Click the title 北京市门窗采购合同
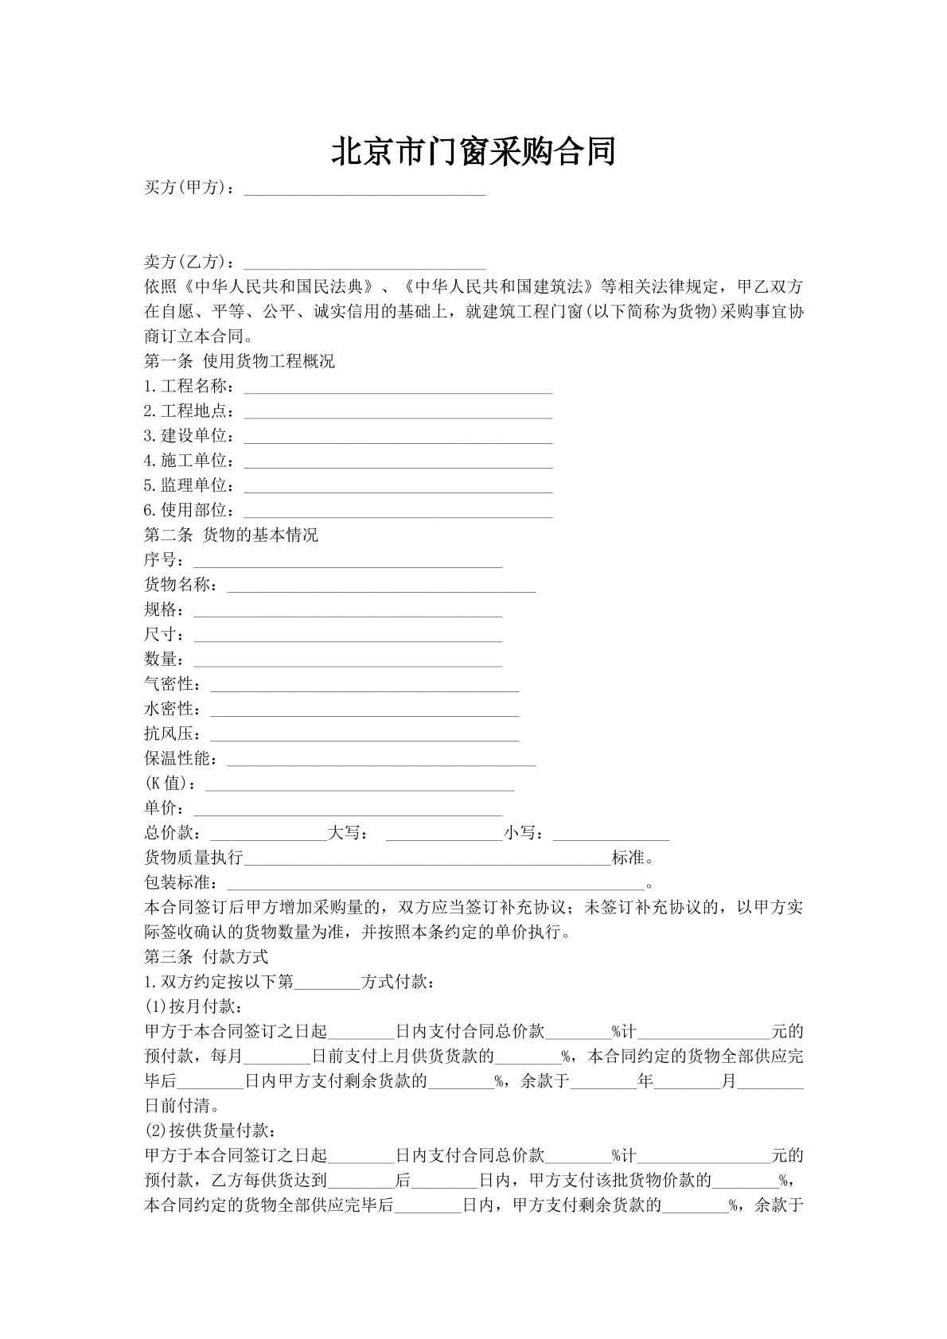(x=473, y=151)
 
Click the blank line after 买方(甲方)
(x=364, y=190)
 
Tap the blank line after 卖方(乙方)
(x=364, y=263)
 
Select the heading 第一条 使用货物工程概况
(x=239, y=361)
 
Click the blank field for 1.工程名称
(x=398, y=387)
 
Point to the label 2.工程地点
(x=189, y=411)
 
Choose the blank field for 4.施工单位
(x=398, y=461)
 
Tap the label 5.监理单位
(x=189, y=485)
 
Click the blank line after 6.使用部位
(x=398, y=511)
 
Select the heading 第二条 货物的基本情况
(x=231, y=535)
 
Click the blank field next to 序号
(x=348, y=561)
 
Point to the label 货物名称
(x=181, y=585)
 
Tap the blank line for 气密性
(x=364, y=685)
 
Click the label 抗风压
(x=173, y=734)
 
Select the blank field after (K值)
(x=360, y=784)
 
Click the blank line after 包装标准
(x=435, y=883)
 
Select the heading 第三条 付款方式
(x=206, y=956)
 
